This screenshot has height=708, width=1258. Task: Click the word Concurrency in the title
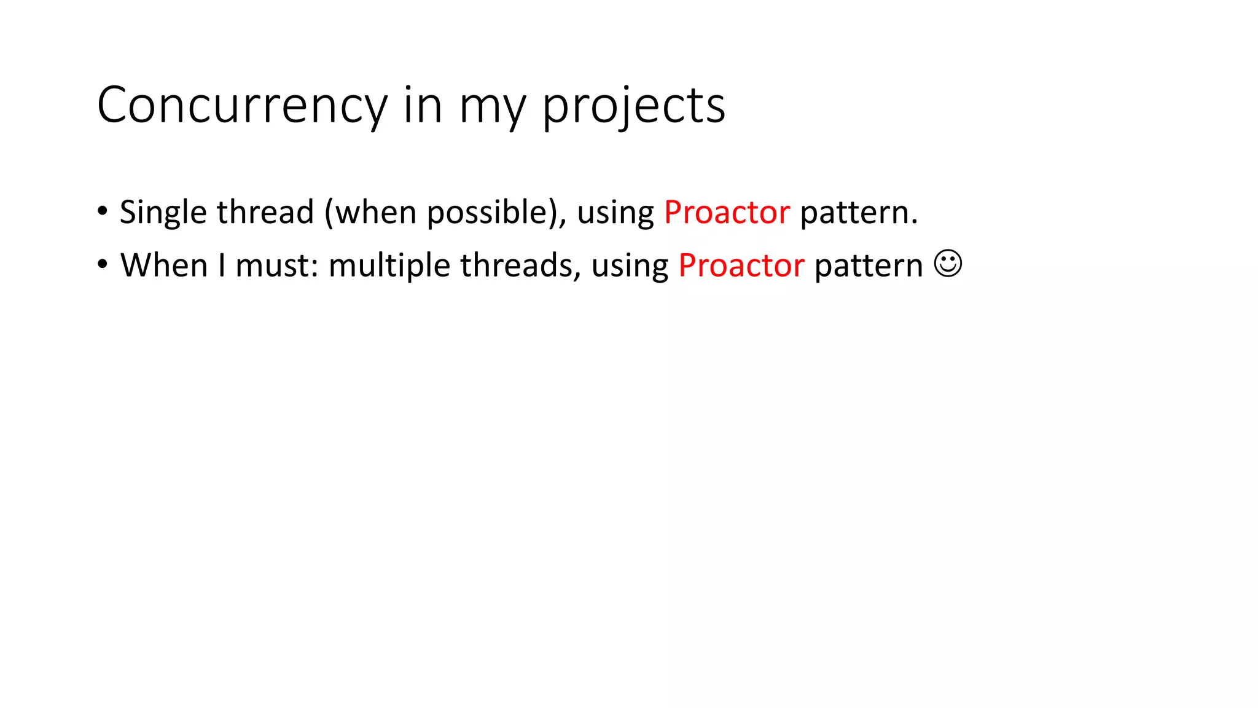tap(242, 106)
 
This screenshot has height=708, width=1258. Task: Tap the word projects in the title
tap(633, 106)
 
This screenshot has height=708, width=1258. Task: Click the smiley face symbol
tap(948, 264)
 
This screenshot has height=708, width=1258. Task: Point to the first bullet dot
tap(103, 211)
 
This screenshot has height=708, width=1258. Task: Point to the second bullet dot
tap(103, 265)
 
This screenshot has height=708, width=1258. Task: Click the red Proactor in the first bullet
tap(727, 213)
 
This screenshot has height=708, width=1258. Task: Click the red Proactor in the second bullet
tap(741, 265)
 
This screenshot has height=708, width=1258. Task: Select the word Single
tap(163, 213)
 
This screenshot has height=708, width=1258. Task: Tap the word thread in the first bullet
tap(265, 212)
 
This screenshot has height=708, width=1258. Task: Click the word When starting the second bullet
tap(164, 265)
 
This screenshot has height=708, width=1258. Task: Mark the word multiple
tap(389, 265)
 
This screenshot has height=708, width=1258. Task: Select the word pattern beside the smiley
tap(869, 265)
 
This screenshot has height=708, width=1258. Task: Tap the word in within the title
tap(423, 106)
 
